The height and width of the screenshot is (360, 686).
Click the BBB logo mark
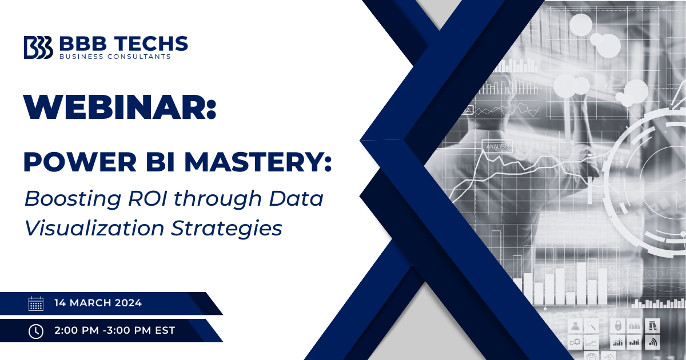coord(38,47)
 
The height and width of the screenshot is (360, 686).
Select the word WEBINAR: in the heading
coord(119,106)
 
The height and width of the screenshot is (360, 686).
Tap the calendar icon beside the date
coord(35,303)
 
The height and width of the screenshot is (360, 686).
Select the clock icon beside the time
coord(35,330)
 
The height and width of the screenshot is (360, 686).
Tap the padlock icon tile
coord(617,326)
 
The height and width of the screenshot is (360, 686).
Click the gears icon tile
coord(575,342)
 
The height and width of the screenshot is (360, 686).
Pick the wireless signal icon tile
coord(652,342)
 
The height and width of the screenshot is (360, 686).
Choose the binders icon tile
coord(652,326)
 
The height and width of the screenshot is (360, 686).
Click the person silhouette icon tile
coord(575,326)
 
